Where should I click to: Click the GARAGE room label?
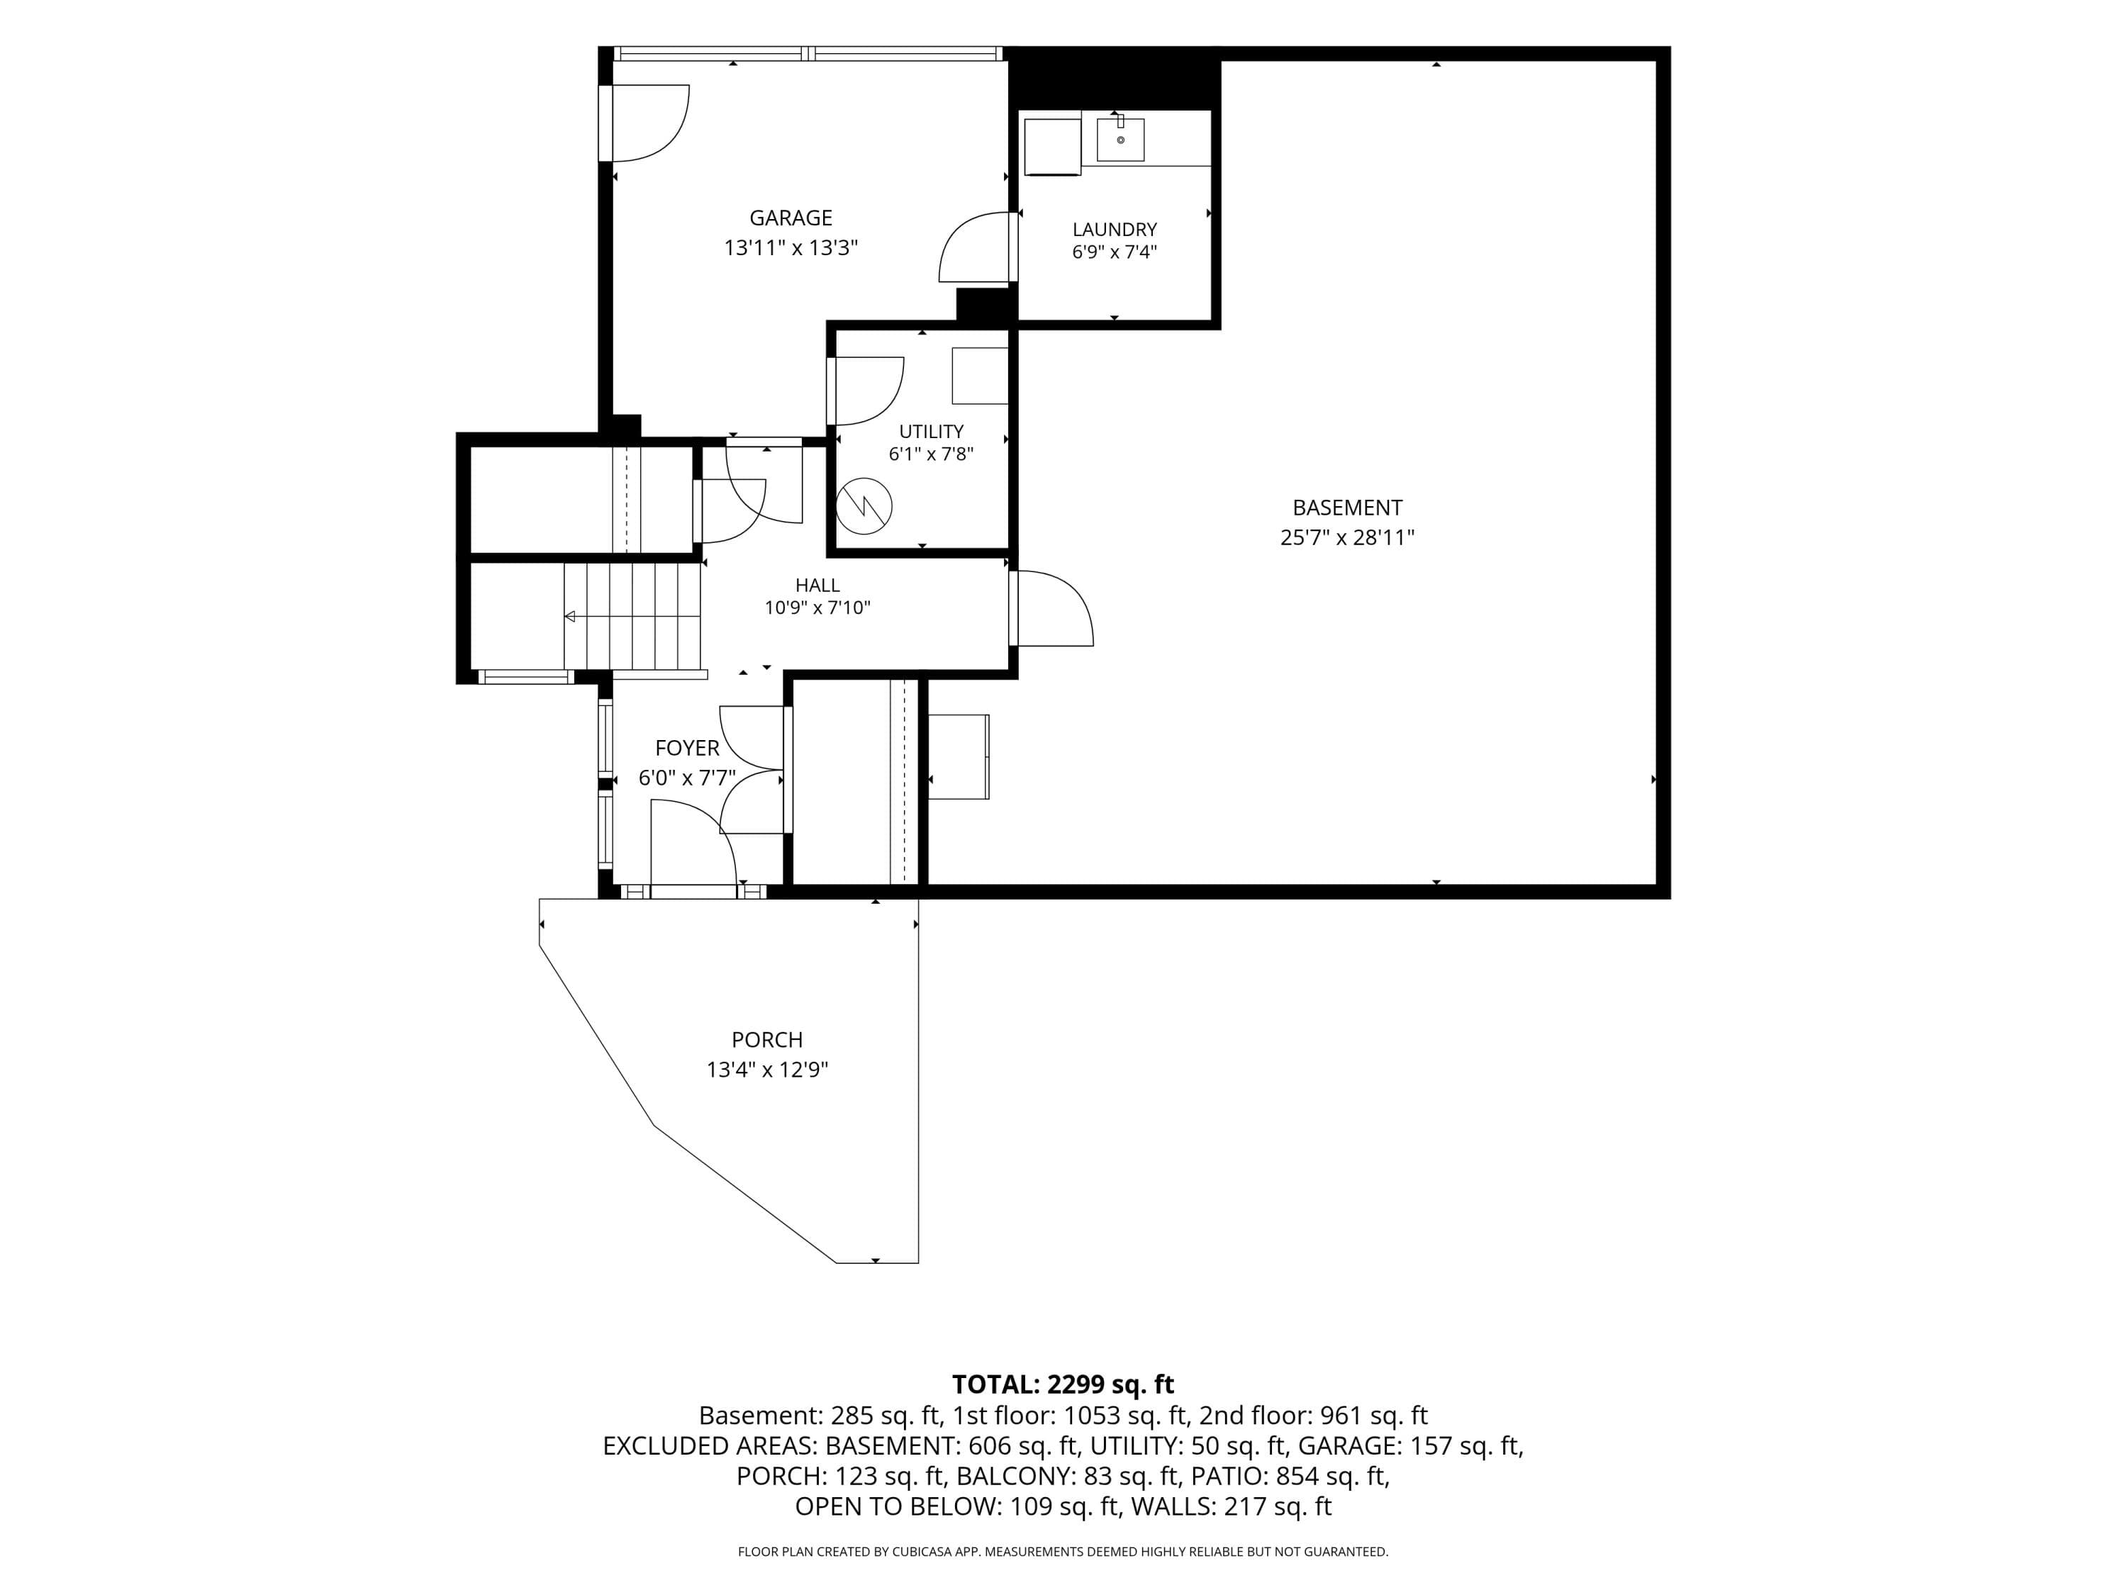791,218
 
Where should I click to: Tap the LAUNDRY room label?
1115,230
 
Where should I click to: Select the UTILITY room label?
931,432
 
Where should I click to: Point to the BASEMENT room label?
1347,508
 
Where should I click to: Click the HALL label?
817,586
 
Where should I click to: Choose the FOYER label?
686,748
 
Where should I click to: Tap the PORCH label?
766,1040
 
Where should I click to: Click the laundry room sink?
1120,140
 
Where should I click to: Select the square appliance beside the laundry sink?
1052,147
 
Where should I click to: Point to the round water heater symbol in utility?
864,505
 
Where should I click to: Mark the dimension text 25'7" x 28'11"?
1347,537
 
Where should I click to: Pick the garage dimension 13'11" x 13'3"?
791,248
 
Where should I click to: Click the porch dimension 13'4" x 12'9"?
766,1070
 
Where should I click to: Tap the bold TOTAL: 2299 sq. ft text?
1063,1384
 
